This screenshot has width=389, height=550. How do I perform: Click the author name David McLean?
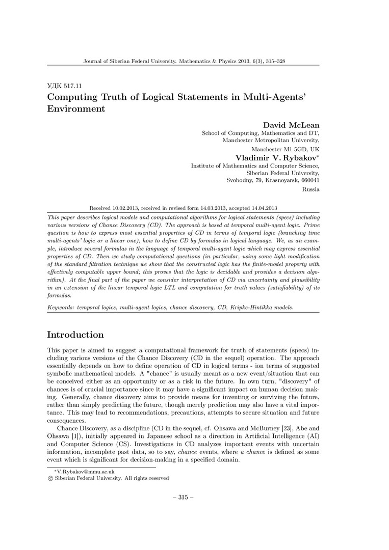[291, 125]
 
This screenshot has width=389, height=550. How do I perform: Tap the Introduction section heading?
[75, 335]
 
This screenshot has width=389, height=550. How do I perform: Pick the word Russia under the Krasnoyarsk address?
[311, 189]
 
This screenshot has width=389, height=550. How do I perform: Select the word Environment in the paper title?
[76, 108]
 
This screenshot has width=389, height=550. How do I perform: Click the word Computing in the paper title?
[72, 97]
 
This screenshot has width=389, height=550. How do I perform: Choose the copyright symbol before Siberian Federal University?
[49, 478]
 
